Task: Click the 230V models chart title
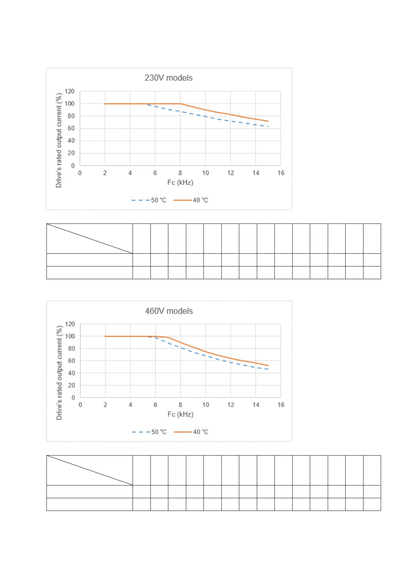click(x=168, y=78)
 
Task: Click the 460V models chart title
click(x=169, y=311)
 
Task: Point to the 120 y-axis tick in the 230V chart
click(x=70, y=91)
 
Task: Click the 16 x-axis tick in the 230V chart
click(x=281, y=173)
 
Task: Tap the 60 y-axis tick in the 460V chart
click(x=71, y=361)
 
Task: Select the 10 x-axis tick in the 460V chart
click(x=206, y=405)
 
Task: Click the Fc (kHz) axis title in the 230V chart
click(x=180, y=182)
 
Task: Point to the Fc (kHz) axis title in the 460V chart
click(x=180, y=414)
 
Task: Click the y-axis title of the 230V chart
click(x=59, y=140)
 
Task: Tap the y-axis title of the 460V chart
click(x=59, y=373)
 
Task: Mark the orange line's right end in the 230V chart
click(x=268, y=121)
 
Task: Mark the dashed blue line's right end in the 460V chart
click(x=268, y=369)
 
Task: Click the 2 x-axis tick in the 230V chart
click(x=105, y=173)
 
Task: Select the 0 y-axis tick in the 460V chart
click(x=73, y=397)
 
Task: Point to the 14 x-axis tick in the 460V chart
click(x=256, y=405)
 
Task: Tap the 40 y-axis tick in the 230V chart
click(x=71, y=141)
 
